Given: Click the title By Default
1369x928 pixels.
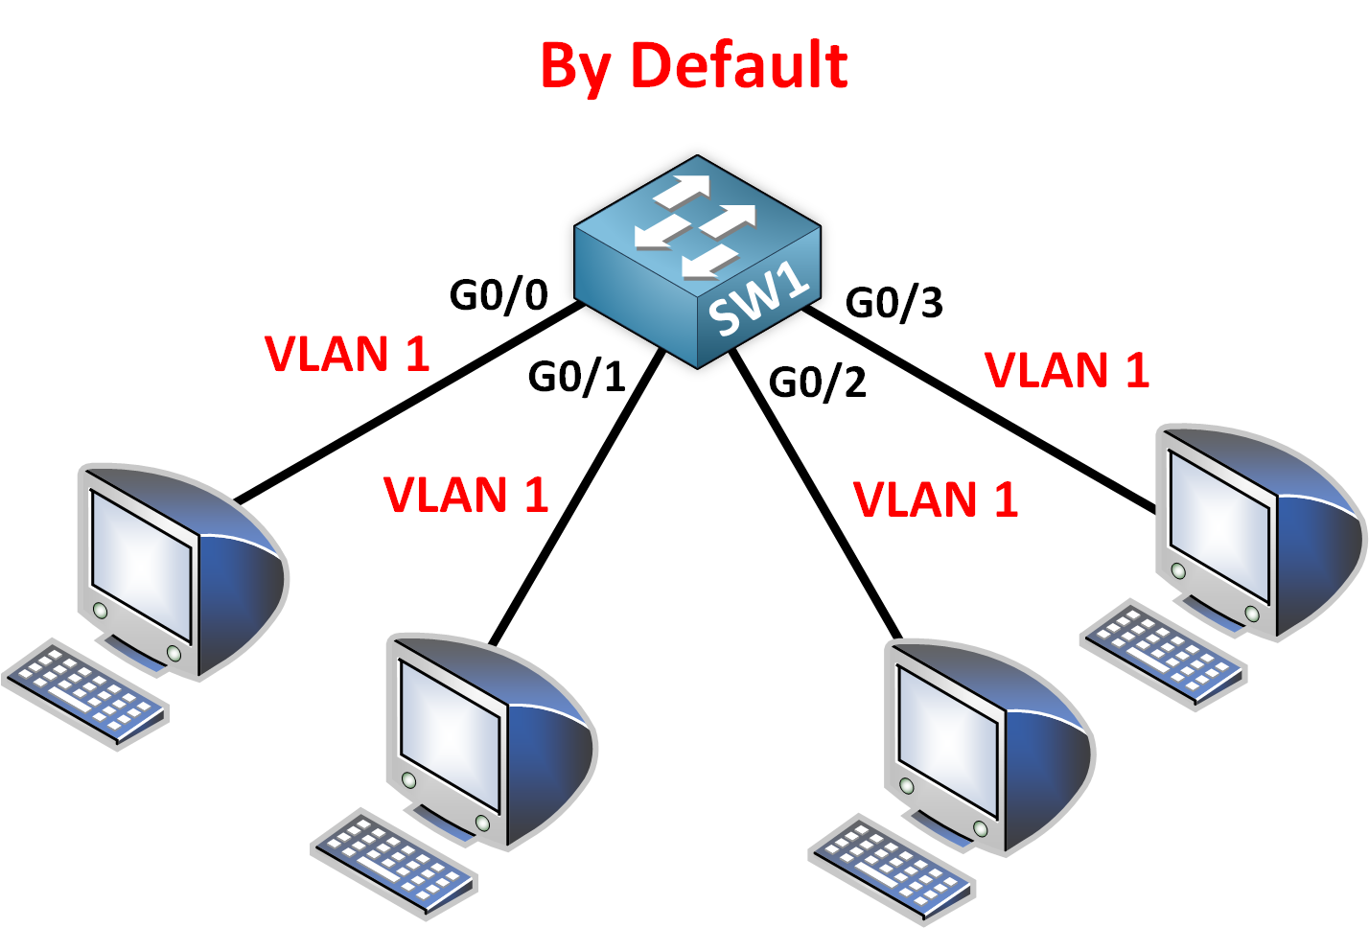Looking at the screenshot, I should [x=693, y=65].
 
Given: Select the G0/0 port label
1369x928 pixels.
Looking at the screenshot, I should [x=499, y=295].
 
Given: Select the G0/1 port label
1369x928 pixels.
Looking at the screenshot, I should [x=576, y=377].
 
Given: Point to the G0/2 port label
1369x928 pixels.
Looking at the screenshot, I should [x=817, y=383].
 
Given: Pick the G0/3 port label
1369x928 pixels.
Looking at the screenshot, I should [x=893, y=303].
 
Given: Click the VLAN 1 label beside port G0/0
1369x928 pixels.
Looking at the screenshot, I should [x=347, y=354].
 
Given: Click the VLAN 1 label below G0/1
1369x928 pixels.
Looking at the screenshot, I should [x=466, y=495].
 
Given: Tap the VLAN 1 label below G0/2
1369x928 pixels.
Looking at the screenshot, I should [x=936, y=499].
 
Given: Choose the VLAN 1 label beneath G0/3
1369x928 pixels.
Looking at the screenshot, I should [x=1067, y=370].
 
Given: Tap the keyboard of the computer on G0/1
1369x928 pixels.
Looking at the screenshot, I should [x=394, y=857].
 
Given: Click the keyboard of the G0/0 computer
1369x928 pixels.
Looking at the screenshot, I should [x=85, y=690].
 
